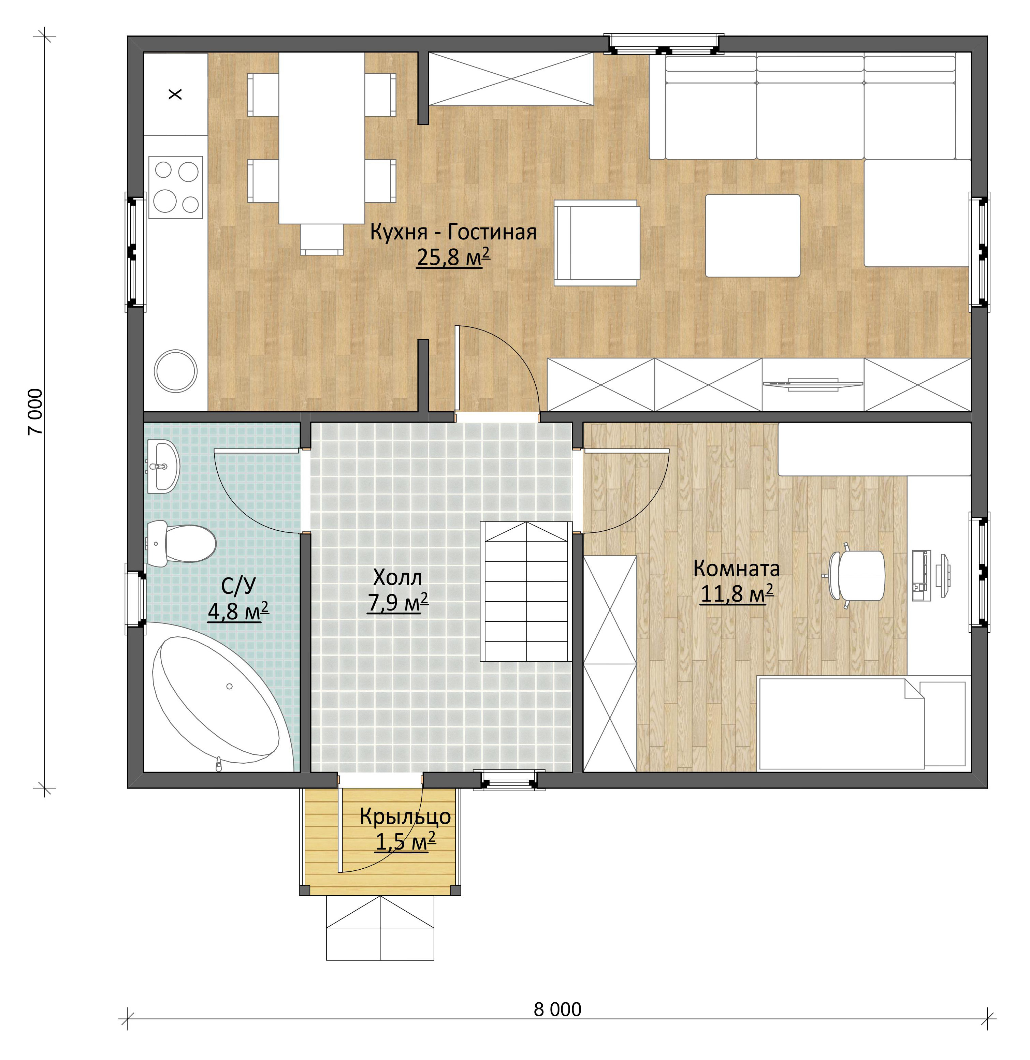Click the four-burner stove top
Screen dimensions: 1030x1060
[176, 187]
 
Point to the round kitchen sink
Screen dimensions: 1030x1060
[175, 370]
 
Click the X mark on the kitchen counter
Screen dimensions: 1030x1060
[175, 94]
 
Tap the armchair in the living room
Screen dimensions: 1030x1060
[596, 242]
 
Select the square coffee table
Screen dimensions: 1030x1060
[753, 235]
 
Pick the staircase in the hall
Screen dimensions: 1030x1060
[526, 591]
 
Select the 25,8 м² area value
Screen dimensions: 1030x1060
[453, 257]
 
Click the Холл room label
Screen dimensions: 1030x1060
[397, 578]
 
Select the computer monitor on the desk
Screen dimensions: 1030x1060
[944, 575]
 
